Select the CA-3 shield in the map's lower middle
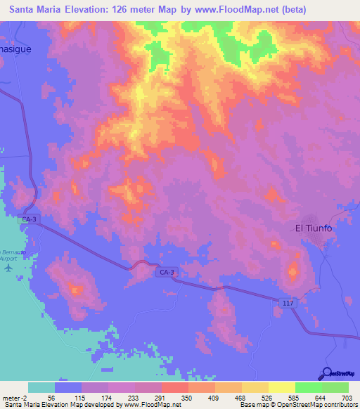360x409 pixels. pos(167,271)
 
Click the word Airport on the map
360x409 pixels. pos(8,258)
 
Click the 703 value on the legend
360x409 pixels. pos(347,397)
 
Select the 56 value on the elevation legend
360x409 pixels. pos(51,397)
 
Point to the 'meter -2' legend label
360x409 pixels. pos(15,397)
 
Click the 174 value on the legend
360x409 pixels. pos(105,397)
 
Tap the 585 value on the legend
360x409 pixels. pos(294,397)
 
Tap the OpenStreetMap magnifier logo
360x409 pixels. pos(326,374)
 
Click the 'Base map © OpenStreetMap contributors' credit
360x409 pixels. pos(298,405)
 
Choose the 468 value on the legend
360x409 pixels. pos(240,397)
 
